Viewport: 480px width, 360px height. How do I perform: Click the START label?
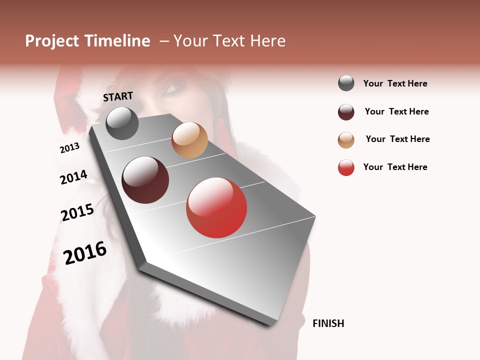tap(118, 96)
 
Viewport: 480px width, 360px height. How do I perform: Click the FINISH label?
tap(328, 323)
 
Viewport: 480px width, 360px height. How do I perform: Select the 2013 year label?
tap(69, 148)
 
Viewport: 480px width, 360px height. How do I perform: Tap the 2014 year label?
tap(73, 177)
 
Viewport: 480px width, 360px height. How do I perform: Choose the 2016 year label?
tap(85, 252)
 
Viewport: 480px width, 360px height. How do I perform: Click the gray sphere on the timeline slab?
tap(122, 123)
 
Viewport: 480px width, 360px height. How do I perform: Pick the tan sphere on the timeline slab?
tap(189, 140)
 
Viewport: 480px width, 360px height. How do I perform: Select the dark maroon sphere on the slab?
tap(145, 180)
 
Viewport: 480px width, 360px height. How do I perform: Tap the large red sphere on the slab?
tap(216, 207)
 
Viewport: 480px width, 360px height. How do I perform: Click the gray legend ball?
tap(346, 83)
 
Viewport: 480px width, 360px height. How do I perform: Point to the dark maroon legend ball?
tap(346, 112)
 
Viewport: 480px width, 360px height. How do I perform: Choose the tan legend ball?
tap(346, 140)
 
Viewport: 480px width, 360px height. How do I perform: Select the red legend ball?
tap(346, 167)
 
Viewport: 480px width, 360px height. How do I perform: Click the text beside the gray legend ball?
tap(395, 83)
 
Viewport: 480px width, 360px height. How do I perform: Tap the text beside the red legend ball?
tap(395, 167)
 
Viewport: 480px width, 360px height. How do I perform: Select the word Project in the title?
tap(51, 41)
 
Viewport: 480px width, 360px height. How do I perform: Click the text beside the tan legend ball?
tap(397, 139)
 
